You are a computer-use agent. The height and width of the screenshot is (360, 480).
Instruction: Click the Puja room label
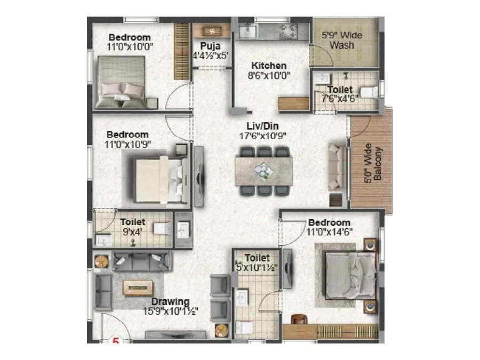click(207, 46)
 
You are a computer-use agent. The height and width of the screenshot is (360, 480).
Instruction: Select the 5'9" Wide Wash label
click(341, 41)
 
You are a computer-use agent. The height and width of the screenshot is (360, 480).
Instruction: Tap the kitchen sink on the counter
click(247, 31)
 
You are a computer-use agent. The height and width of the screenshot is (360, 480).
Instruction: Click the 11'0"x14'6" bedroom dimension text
click(330, 231)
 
